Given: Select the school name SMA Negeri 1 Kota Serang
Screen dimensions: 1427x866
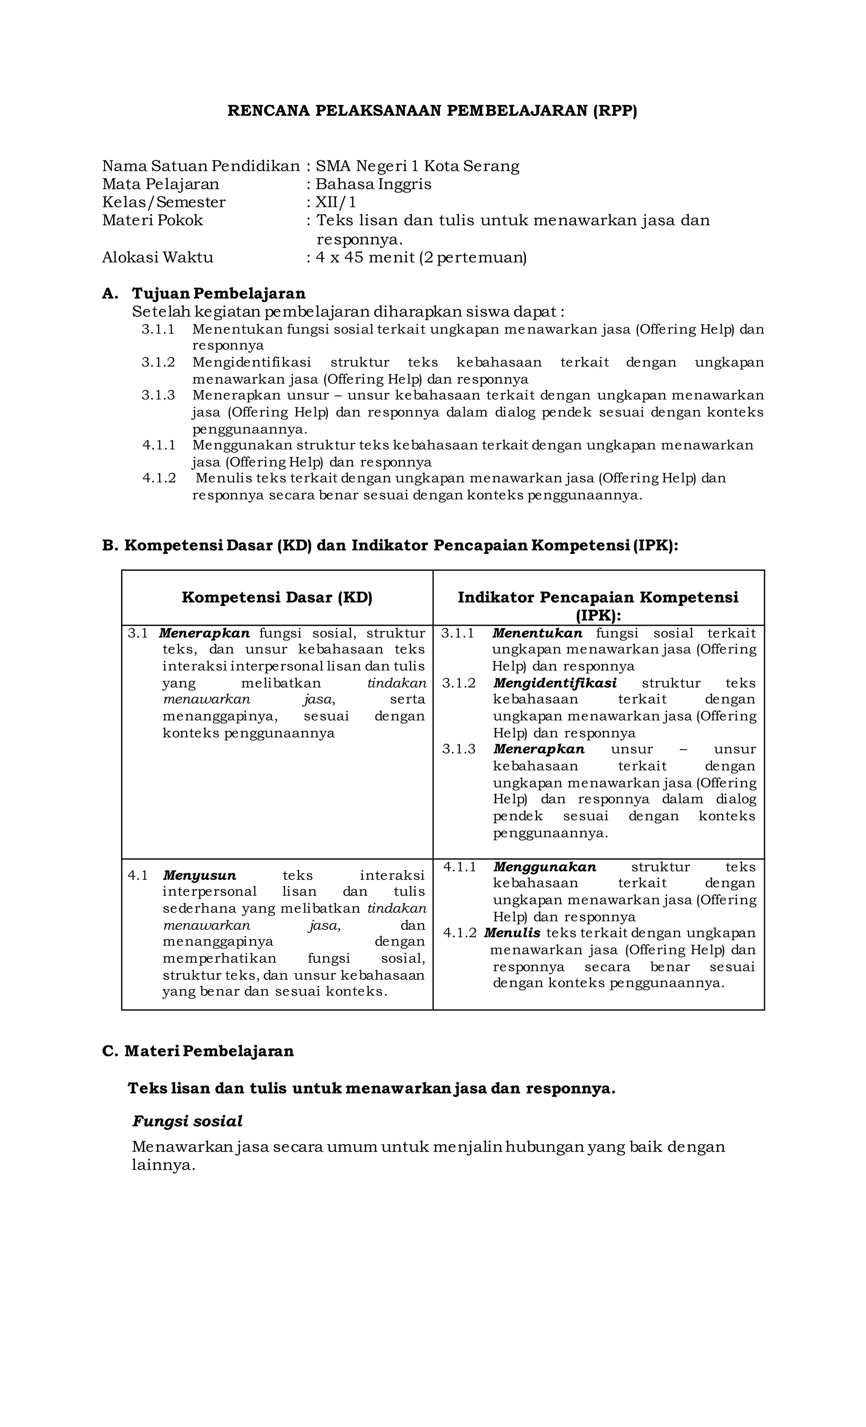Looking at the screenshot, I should [417, 166].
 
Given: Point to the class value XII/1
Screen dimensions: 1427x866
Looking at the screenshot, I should [335, 202].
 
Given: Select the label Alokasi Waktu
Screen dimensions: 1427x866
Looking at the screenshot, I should [157, 257].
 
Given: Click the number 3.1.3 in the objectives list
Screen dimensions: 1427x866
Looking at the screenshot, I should [158, 396].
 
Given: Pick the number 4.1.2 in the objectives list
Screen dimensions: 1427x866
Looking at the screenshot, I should [159, 478].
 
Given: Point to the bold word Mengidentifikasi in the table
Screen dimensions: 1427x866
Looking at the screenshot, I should [554, 683].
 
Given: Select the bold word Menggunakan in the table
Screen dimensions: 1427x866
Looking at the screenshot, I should [544, 867].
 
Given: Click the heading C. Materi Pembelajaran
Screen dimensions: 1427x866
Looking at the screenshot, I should [198, 1051].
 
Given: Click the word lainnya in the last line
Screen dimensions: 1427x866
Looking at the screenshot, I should [163, 1165].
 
